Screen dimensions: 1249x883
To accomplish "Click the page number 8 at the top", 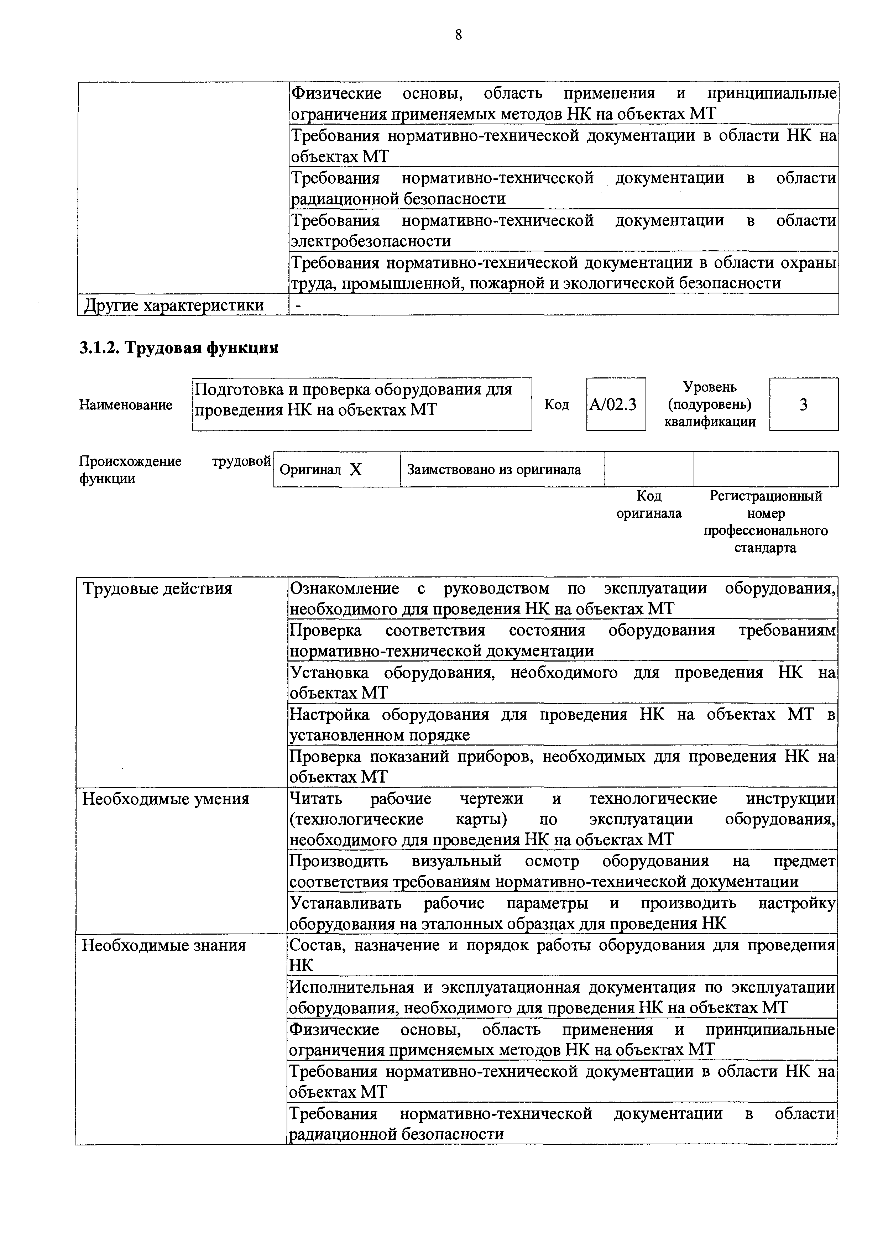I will coord(458,35).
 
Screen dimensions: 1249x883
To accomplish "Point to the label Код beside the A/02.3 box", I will coord(557,405).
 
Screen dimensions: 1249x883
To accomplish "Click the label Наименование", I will coord(126,405).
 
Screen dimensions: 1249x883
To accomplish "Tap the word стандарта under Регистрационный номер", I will coord(765,548).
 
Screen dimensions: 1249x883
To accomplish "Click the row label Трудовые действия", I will coord(157,589).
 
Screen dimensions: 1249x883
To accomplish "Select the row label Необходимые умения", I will coord(166,799).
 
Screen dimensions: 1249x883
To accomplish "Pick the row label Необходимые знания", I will coord(164,945).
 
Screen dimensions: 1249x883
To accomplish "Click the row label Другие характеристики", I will coord(173,305).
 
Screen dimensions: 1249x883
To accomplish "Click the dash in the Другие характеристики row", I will coord(297,305).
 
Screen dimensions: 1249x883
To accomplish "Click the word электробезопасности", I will coord(371,241).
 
